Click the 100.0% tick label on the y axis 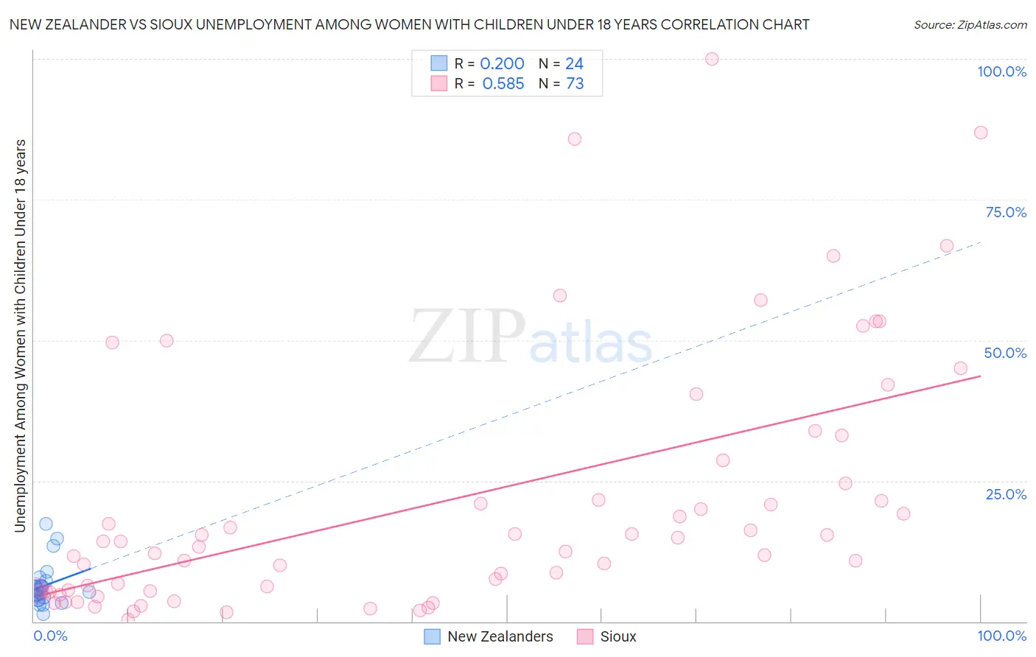[x=1001, y=71]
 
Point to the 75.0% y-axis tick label [x=1006, y=212]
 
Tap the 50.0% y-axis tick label [x=1005, y=353]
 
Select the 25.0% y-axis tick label [x=1006, y=493]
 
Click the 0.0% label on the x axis [x=50, y=636]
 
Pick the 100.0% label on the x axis [x=1001, y=636]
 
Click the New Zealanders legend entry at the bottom [x=500, y=636]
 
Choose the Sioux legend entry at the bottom [x=617, y=636]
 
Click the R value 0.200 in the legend [x=502, y=64]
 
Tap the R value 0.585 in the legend [x=503, y=84]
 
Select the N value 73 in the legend [x=575, y=84]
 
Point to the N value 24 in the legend [x=574, y=64]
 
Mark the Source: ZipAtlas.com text [x=970, y=25]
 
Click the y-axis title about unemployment [x=20, y=335]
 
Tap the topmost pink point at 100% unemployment [x=712, y=59]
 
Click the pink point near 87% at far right [x=981, y=133]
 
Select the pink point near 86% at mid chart [x=575, y=139]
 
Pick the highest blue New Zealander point [x=46, y=524]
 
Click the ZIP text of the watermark [x=466, y=337]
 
